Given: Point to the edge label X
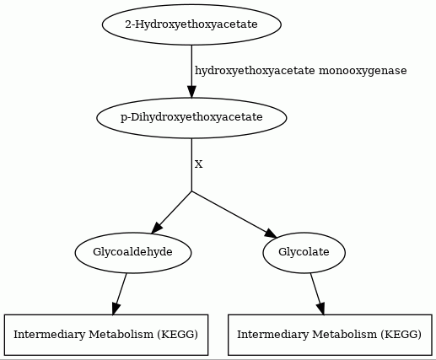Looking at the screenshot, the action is pos(198,164).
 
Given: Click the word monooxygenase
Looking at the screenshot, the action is pos(363,71).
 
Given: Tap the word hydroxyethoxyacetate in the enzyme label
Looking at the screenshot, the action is pos(255,71).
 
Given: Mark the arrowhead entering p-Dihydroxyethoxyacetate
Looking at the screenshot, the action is pos(191,92).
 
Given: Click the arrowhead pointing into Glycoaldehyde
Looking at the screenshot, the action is pos(156,228).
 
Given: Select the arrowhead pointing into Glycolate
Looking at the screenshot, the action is pos(271,234).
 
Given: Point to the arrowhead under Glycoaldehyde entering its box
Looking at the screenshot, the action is pos(115,309).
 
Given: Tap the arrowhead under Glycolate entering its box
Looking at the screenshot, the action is pos(321,309).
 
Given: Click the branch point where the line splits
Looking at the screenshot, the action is pos(191,191).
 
